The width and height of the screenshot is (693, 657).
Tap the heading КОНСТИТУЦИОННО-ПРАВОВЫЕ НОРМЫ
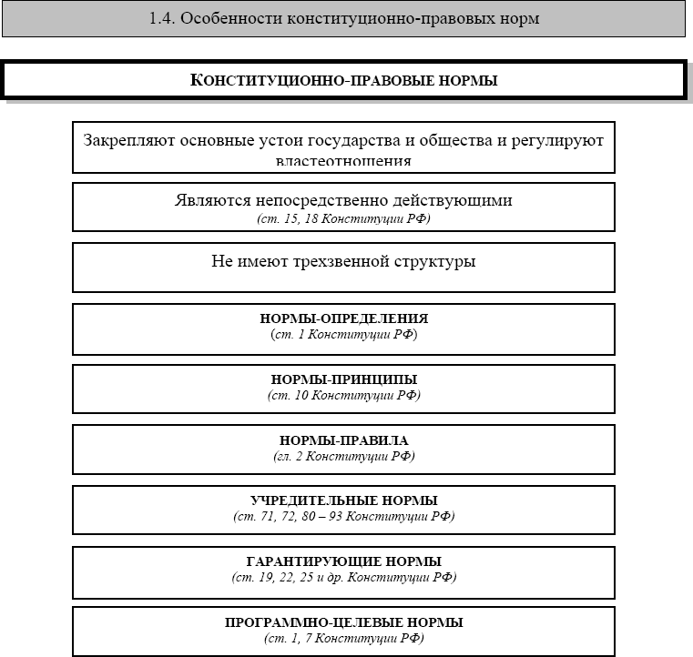click(343, 80)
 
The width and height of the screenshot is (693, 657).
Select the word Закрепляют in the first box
click(128, 141)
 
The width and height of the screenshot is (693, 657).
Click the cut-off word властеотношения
click(343, 162)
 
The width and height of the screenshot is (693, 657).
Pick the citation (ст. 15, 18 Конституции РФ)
click(343, 218)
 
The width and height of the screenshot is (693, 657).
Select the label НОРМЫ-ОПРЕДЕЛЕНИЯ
click(343, 319)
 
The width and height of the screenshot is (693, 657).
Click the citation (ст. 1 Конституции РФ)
click(343, 335)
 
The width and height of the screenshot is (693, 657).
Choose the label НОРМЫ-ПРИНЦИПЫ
click(343, 379)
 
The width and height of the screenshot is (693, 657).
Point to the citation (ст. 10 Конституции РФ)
click(343, 395)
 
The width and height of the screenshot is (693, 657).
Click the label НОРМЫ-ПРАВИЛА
click(343, 440)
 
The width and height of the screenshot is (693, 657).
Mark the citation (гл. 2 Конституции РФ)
click(343, 456)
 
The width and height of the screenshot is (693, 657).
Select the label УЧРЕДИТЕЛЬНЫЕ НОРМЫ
click(343, 500)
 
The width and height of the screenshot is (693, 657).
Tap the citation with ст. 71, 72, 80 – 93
click(343, 516)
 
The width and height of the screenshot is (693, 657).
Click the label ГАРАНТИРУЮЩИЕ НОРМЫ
click(343, 561)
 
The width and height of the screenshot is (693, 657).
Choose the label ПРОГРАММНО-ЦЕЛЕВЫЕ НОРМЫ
click(343, 622)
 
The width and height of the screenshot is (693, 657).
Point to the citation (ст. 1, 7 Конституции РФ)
click(343, 638)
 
